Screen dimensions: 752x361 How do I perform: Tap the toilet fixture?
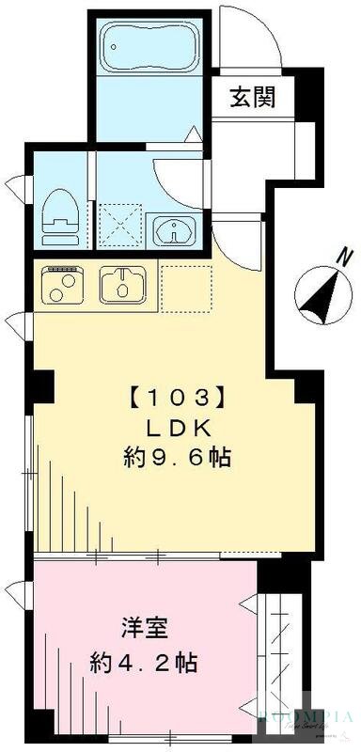click(62, 213)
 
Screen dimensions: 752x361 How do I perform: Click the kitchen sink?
click(122, 282)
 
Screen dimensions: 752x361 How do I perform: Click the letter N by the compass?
click(345, 255)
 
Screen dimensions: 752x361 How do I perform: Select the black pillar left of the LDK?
click(40, 384)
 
